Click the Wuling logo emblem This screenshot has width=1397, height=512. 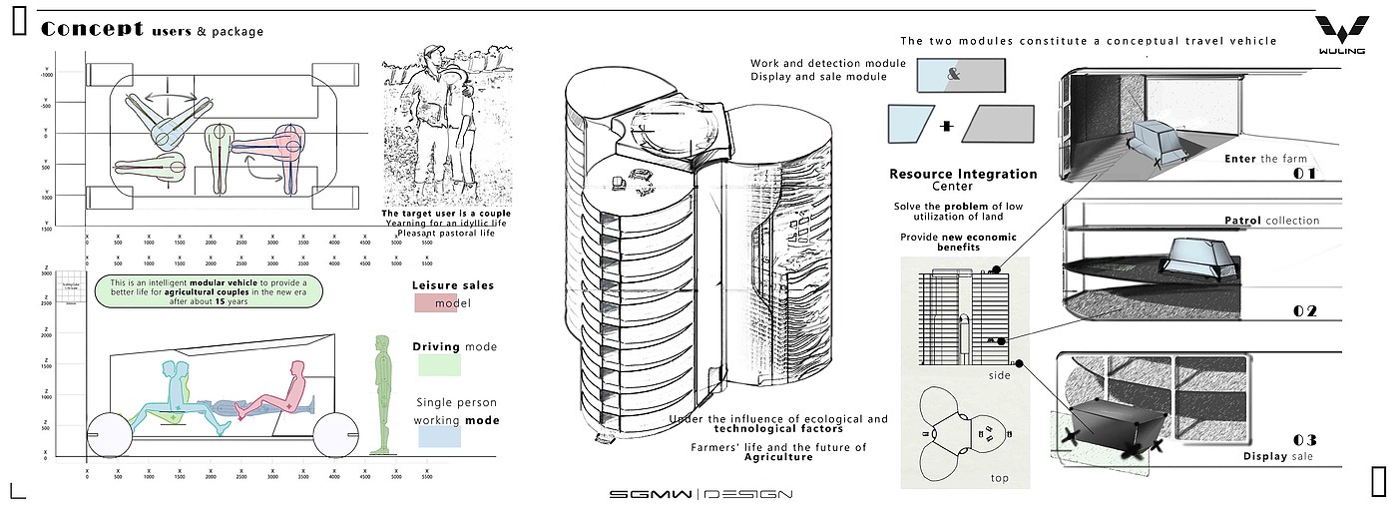[1338, 30]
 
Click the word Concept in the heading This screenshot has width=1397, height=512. [93, 29]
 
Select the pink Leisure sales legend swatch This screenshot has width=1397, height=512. [435, 303]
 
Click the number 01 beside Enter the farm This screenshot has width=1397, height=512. [1304, 174]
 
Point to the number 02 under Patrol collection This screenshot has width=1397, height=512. [1304, 310]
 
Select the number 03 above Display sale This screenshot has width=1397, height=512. [1304, 440]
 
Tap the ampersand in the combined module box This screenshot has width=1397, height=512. [953, 75]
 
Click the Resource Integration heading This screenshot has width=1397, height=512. [963, 174]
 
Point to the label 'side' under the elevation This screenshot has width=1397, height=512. [999, 375]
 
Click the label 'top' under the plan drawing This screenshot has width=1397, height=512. [999, 478]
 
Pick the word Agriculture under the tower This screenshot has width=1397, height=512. [778, 457]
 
